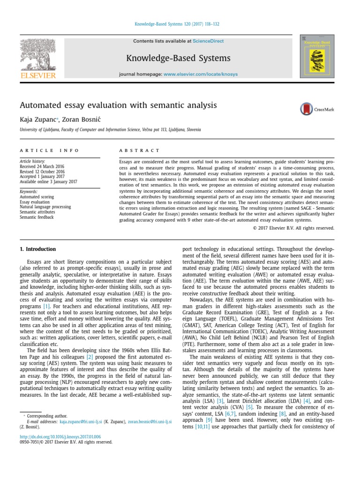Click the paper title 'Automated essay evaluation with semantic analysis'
118,105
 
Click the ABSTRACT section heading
140,150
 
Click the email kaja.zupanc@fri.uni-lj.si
82,421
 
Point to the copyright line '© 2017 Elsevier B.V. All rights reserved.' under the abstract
293,228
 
